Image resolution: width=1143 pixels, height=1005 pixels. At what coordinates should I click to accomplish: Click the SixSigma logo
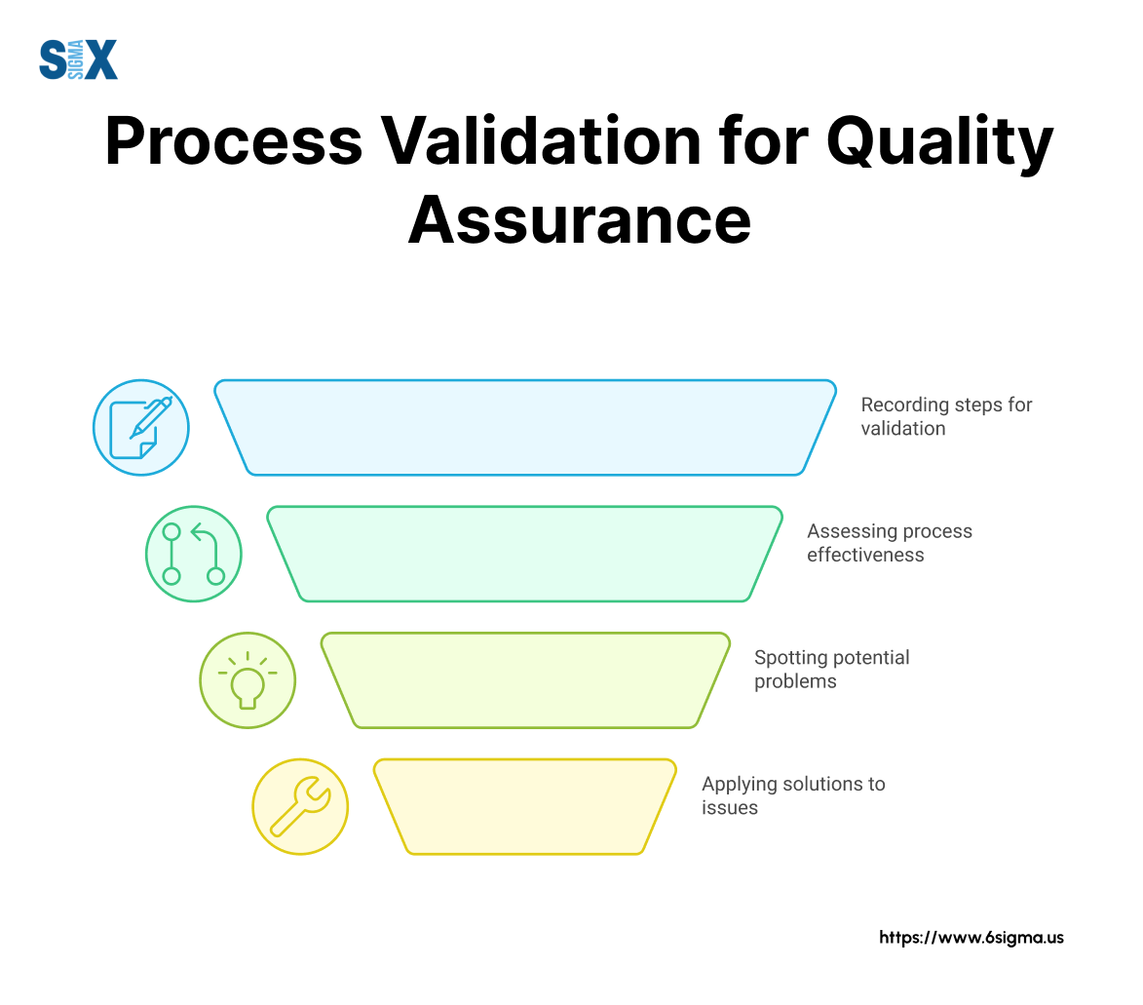[78, 59]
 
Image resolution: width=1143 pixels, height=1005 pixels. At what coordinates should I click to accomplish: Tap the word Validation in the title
[541, 142]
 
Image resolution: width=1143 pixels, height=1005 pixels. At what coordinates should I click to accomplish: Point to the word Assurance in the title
[579, 220]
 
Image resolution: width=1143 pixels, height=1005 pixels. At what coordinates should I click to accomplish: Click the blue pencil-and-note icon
[141, 427]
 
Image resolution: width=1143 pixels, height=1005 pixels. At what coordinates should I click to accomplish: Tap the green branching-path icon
[194, 554]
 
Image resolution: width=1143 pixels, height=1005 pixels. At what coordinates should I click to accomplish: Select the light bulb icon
[248, 680]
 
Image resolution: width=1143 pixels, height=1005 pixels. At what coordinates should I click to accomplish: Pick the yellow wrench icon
[300, 806]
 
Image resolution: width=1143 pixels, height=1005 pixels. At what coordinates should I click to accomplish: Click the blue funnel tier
[525, 427]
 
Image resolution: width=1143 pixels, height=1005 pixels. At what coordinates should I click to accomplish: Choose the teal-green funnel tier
[525, 554]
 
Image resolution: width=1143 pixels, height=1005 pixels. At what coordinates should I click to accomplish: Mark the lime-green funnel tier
[525, 680]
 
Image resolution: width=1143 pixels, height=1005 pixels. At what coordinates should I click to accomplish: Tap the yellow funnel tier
[525, 806]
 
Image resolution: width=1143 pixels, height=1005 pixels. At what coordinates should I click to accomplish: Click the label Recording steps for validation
[945, 416]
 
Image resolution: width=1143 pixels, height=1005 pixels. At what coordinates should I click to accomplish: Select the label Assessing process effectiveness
[889, 543]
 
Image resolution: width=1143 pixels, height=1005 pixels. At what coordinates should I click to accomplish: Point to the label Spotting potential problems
[831, 669]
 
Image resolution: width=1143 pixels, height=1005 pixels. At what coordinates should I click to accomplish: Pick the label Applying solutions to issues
[792, 795]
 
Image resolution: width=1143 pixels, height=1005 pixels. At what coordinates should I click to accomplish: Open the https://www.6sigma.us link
[971, 938]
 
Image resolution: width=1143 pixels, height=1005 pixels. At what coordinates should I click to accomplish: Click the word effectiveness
[865, 556]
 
